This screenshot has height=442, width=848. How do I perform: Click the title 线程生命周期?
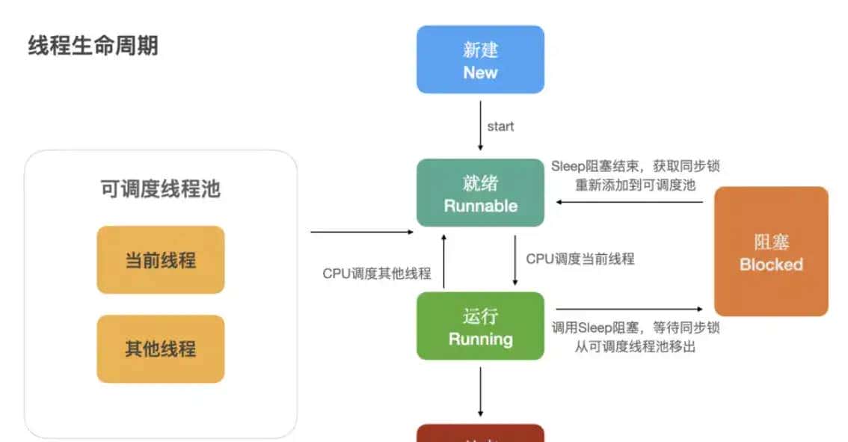(93, 46)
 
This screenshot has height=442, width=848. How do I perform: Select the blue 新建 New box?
(480, 60)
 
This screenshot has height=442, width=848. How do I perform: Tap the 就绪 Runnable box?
(480, 193)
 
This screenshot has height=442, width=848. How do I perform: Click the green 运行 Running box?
(480, 326)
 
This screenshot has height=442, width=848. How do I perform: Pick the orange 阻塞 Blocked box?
(771, 251)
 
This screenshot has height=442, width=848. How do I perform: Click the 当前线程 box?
(161, 260)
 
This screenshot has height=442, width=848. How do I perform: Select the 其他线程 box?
(161, 349)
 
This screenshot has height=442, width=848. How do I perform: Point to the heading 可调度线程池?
(161, 189)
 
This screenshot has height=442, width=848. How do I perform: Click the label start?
(500, 126)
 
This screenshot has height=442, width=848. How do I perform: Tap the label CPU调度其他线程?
(377, 274)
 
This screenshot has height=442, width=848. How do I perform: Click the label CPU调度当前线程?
(580, 259)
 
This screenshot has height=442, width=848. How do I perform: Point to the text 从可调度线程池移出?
(636, 346)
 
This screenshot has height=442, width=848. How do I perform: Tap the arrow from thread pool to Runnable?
(362, 232)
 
